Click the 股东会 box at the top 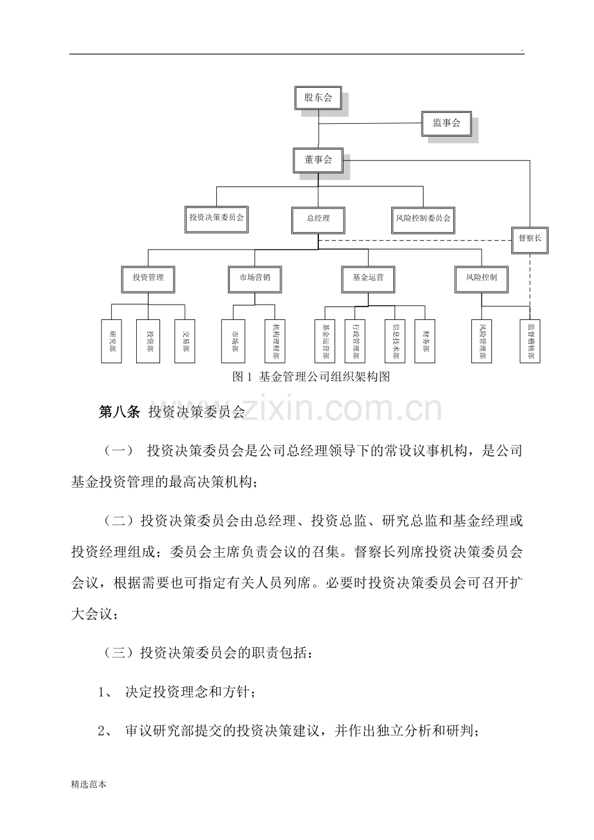(318, 98)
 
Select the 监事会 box (446, 123)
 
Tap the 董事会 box (318, 161)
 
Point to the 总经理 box (318, 221)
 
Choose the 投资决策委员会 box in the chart (216, 219)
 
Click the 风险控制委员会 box (424, 221)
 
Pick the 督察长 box (530, 241)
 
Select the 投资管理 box (148, 279)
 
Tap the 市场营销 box (255, 279)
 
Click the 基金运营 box (368, 279)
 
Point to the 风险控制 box (482, 279)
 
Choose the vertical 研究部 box (112, 341)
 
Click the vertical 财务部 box (425, 341)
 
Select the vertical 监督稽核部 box (530, 341)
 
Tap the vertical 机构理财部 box (274, 341)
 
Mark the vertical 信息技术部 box (394, 341)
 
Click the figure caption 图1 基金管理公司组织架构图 (311, 377)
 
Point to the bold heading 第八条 (119, 412)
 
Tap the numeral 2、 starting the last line (105, 731)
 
